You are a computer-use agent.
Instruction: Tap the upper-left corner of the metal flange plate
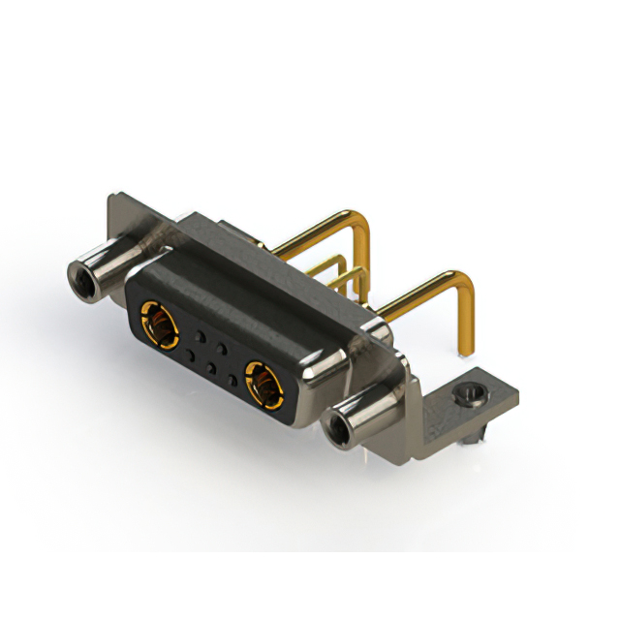[x=112, y=198]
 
